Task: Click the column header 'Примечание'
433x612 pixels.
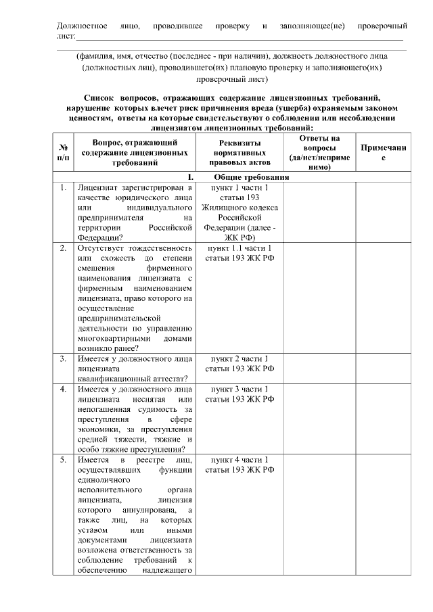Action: pyautogui.click(x=384, y=153)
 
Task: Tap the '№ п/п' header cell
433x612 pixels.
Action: pyautogui.click(x=62, y=153)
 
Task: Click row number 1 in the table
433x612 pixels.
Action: pyautogui.click(x=62, y=187)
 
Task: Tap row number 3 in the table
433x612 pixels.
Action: pyautogui.click(x=62, y=358)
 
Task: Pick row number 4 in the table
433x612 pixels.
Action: pyautogui.click(x=62, y=390)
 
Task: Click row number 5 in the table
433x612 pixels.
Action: pyautogui.click(x=62, y=460)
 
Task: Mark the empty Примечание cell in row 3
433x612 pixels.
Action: pyautogui.click(x=384, y=368)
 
